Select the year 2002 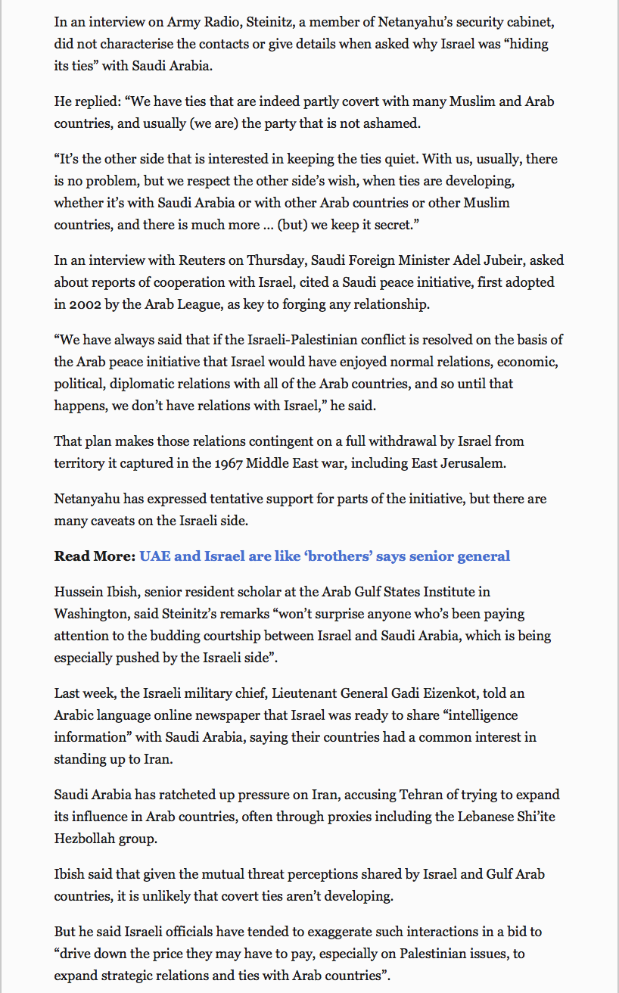(84, 304)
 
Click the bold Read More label (94, 556)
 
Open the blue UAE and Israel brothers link (325, 556)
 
